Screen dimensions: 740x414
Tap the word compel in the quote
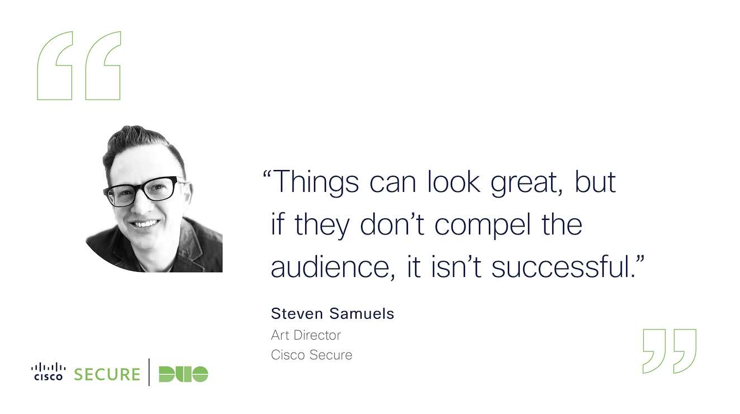pyautogui.click(x=483, y=225)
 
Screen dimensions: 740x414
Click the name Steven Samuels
pyautogui.click(x=333, y=313)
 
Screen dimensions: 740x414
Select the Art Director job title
pyautogui.click(x=306, y=335)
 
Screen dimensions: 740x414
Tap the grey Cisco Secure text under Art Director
pyautogui.click(x=311, y=355)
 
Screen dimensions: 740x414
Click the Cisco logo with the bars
pyautogui.click(x=48, y=371)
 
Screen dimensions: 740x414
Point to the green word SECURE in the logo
pyautogui.click(x=107, y=374)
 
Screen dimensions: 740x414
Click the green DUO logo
pyautogui.click(x=184, y=374)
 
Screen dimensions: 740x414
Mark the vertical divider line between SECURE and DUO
pyautogui.click(x=149, y=373)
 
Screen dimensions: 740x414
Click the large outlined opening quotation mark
pyautogui.click(x=79, y=65)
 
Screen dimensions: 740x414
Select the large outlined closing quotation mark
pyautogui.click(x=670, y=351)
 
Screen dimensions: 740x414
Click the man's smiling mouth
pyautogui.click(x=145, y=224)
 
